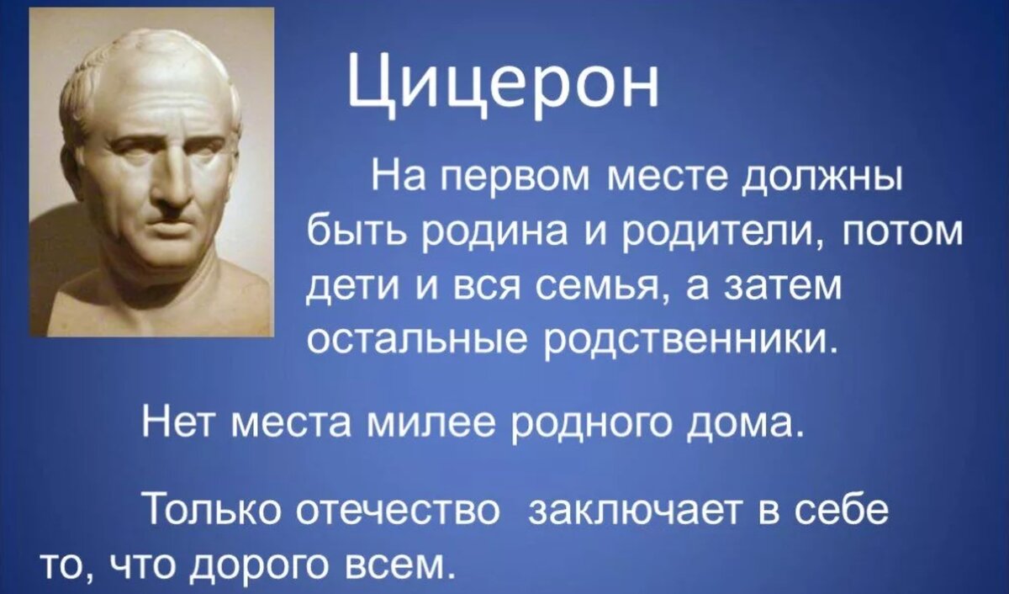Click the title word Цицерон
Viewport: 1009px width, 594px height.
click(x=502, y=84)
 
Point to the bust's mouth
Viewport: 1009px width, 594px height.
click(x=172, y=229)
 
